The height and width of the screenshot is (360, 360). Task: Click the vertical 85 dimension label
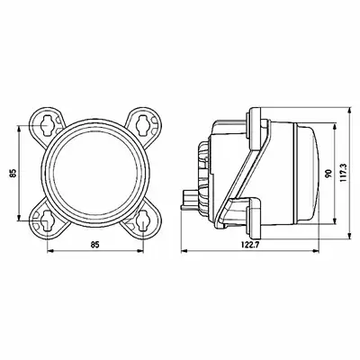point(13,173)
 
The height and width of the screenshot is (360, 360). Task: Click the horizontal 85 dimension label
point(94,245)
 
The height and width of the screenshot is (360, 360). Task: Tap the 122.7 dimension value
point(250,245)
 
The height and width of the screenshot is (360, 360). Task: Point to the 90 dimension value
point(329,173)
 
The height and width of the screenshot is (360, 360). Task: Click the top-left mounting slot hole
point(48,125)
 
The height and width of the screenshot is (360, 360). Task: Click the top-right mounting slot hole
point(142,125)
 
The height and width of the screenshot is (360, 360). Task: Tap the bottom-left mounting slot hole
point(48,220)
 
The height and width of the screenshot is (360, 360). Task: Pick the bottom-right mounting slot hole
point(143,220)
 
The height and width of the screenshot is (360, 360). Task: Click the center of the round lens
point(94,173)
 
